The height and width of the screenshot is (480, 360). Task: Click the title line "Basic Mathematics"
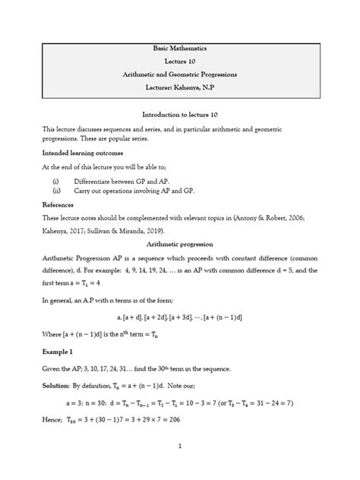coord(180,48)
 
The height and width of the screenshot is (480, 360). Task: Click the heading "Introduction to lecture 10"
coord(180,114)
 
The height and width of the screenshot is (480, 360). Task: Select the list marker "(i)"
coord(55,182)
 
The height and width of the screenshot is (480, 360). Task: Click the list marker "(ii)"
coord(56,192)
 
